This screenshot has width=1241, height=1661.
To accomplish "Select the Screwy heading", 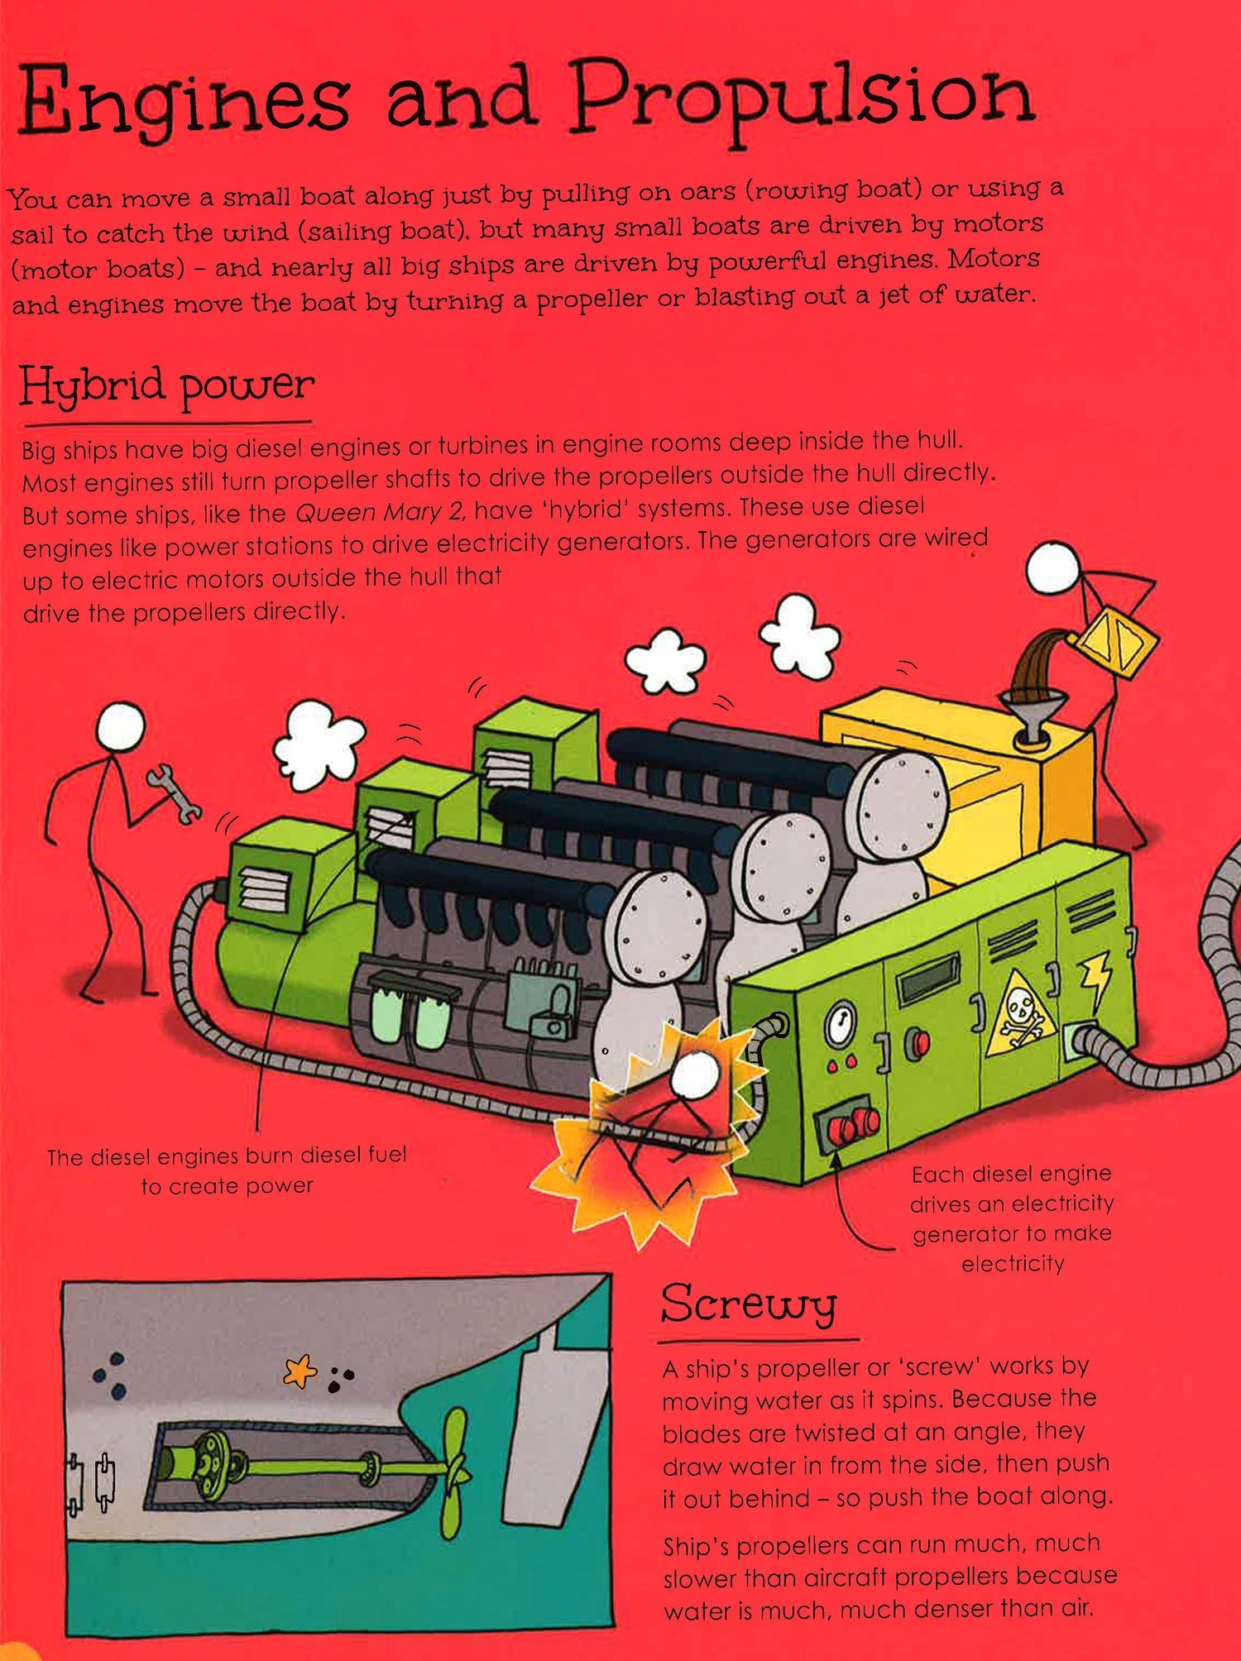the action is tap(749, 1304).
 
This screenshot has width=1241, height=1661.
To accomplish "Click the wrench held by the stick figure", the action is tap(174, 794).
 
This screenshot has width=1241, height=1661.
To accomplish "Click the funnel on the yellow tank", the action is tap(1030, 712).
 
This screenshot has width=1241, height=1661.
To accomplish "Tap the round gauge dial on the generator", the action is tap(840, 1026).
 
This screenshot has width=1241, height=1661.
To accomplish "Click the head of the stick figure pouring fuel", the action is tap(1053, 571).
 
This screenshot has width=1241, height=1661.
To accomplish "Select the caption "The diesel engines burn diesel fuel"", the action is tap(227, 1156).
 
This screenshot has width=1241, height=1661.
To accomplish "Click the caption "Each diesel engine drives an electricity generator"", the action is tap(1012, 1203).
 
